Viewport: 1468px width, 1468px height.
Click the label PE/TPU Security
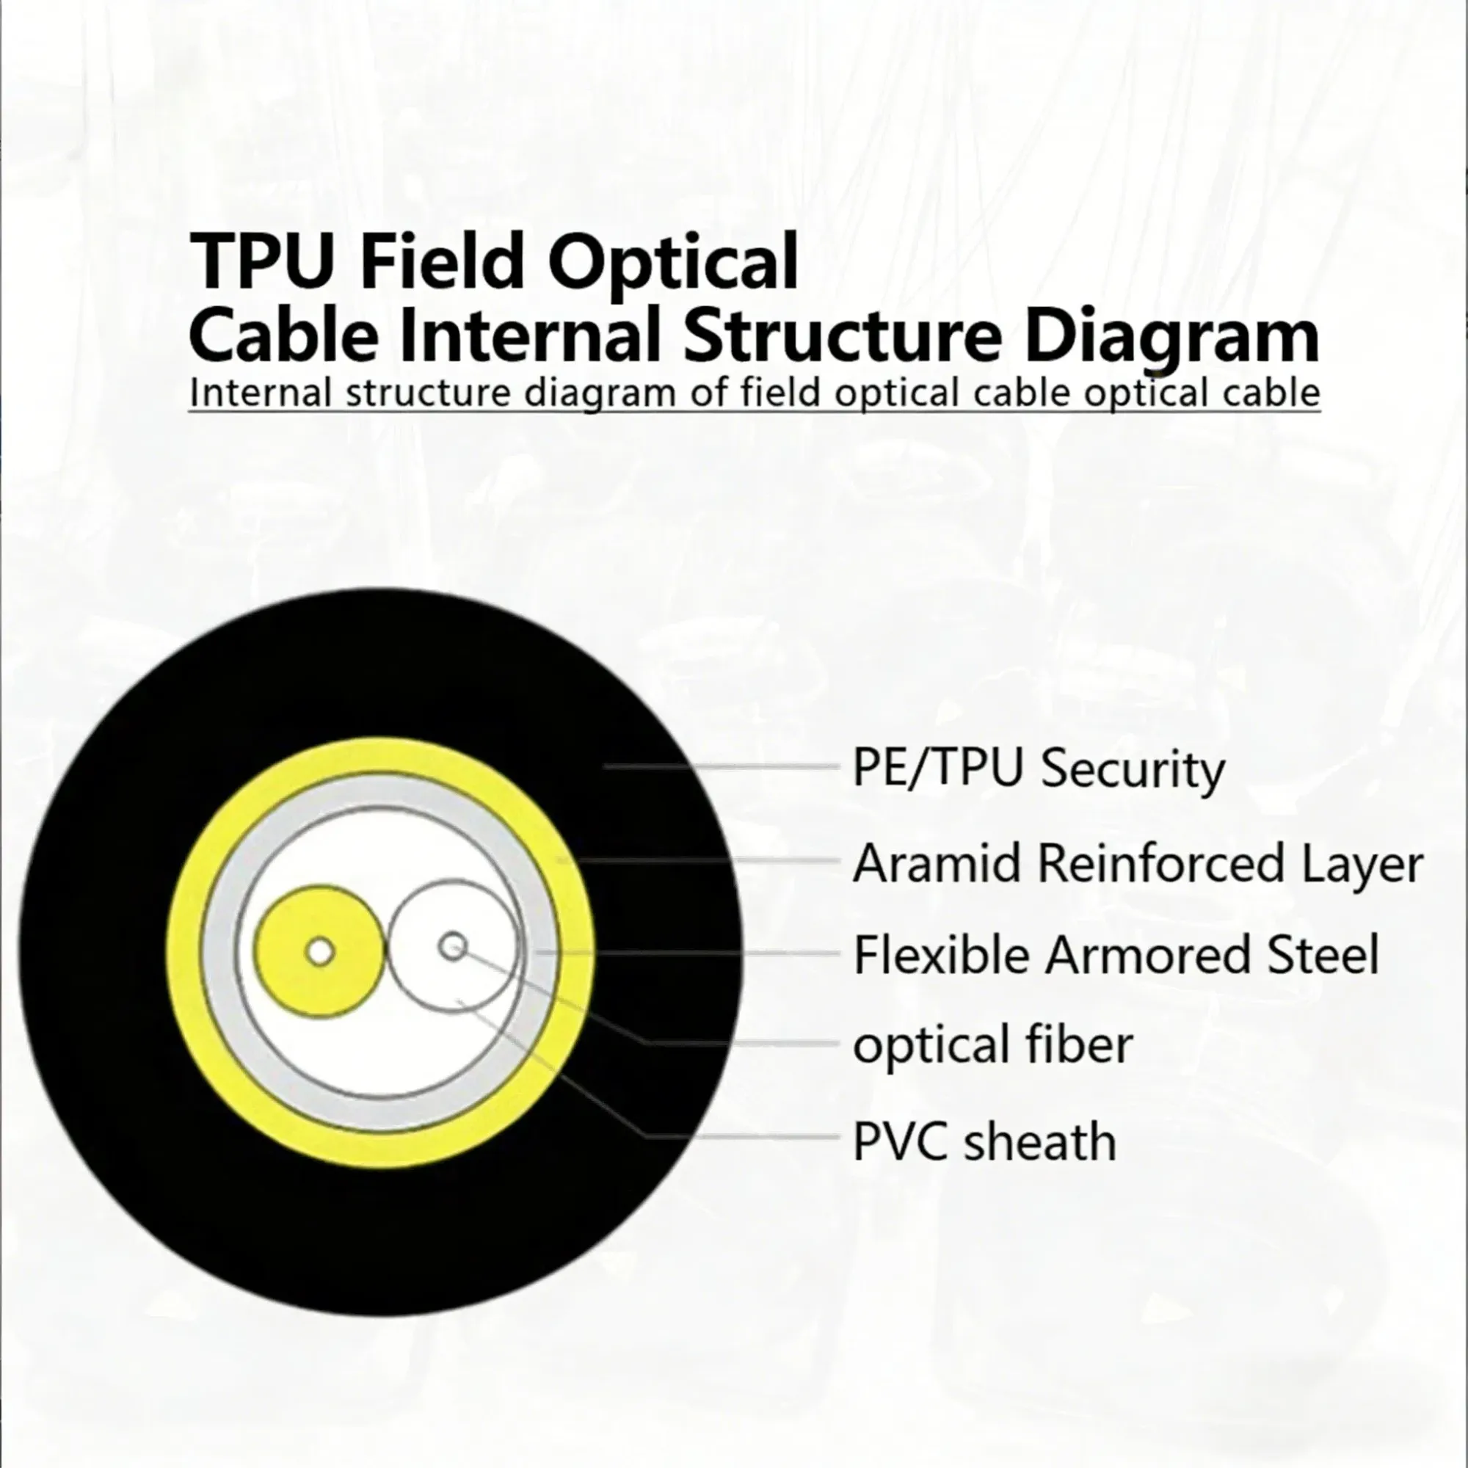click(1038, 769)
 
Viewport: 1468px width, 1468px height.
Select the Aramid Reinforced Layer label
click(1138, 864)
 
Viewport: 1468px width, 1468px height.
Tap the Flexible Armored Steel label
click(1116, 954)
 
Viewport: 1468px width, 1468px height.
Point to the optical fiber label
click(992, 1045)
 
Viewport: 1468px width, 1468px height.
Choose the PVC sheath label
click(984, 1141)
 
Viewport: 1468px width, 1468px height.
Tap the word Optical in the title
click(673, 262)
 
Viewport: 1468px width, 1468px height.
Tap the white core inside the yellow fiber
click(320, 951)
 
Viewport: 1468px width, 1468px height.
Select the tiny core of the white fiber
click(454, 947)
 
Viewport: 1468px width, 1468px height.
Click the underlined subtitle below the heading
click(754, 393)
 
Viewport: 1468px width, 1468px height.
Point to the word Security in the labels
click(1132, 769)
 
